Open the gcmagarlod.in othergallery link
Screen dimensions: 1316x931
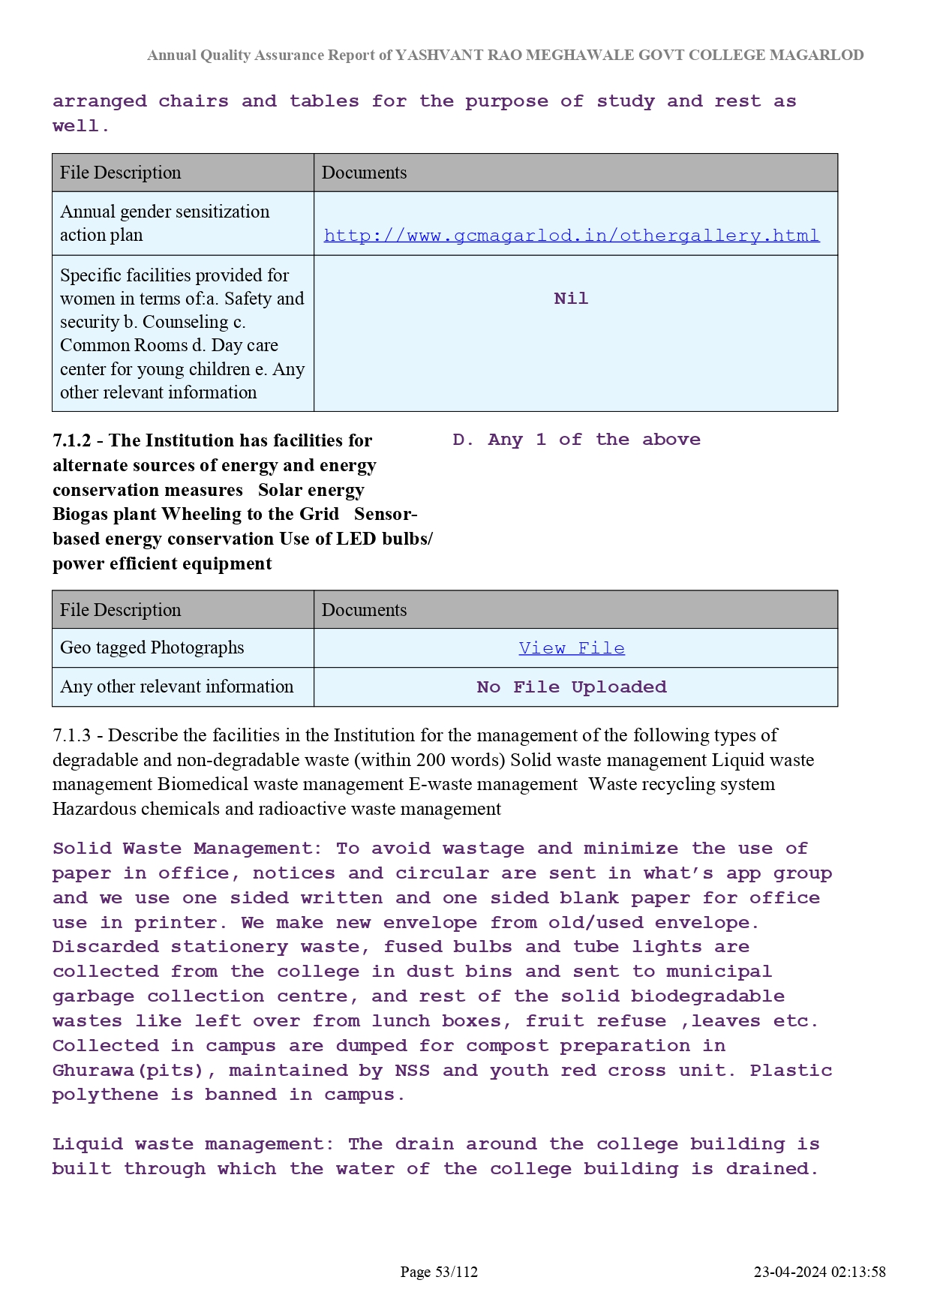(x=572, y=236)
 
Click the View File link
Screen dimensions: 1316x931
(x=572, y=648)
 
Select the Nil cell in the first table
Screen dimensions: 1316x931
(x=571, y=299)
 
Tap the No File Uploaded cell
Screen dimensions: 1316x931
(x=572, y=687)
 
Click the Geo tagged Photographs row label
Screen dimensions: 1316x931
(x=152, y=647)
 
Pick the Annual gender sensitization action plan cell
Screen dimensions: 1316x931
(x=164, y=223)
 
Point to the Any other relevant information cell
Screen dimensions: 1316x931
(x=177, y=687)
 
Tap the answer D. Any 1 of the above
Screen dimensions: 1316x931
(x=576, y=440)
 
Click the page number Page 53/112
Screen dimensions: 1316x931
(x=439, y=1272)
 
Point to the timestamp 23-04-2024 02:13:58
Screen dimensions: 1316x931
(x=819, y=1272)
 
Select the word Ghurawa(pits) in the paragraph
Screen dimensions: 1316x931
(x=134, y=1071)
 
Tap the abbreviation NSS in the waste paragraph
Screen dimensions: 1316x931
(x=412, y=1071)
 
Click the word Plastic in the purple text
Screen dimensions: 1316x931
(x=791, y=1071)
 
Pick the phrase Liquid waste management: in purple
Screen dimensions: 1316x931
(x=193, y=1144)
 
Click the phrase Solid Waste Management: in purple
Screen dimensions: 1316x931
(x=187, y=849)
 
